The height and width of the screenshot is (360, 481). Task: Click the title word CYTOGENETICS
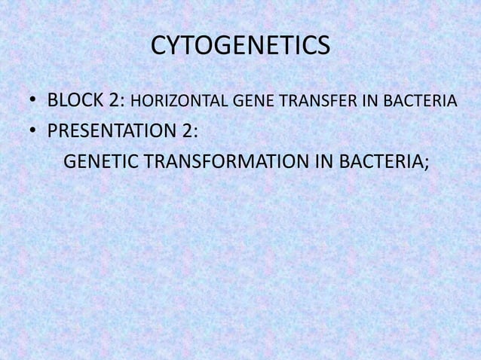240,47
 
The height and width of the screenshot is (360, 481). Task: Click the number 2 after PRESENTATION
185,131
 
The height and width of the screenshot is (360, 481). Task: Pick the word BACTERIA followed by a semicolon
382,162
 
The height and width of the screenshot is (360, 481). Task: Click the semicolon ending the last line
426,164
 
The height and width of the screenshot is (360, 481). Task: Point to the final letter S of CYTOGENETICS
323,47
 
